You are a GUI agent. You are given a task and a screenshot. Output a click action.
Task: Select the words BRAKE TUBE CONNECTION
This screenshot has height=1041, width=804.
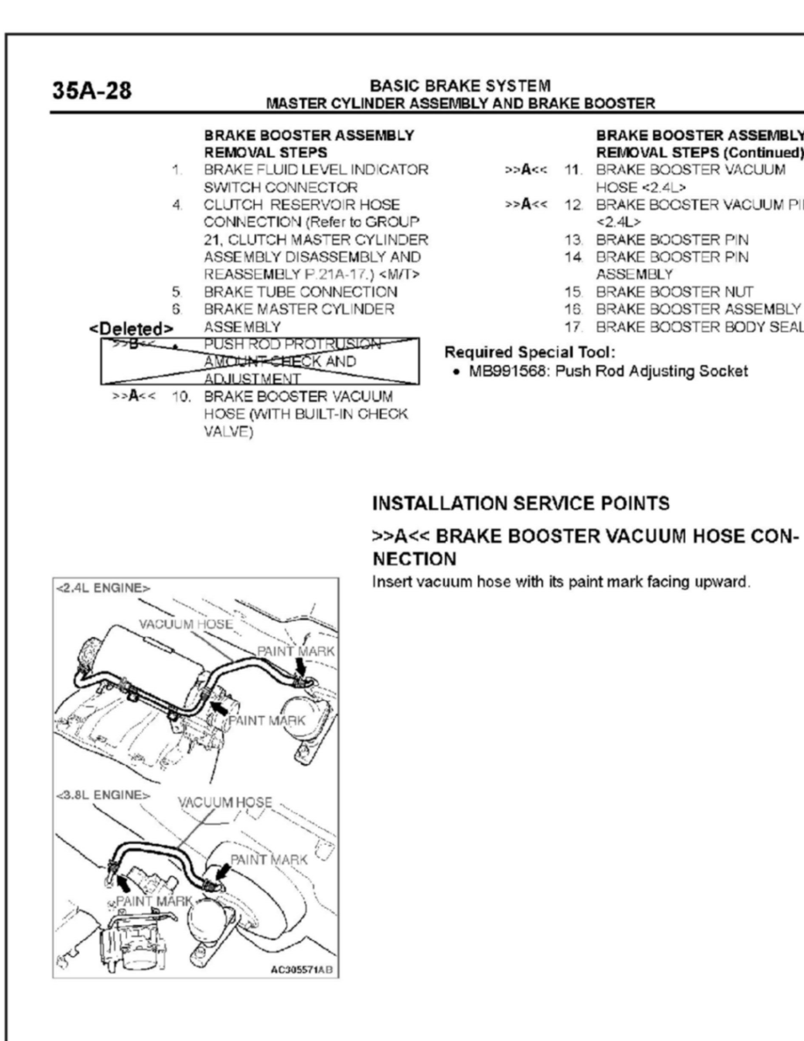pyautogui.click(x=281, y=291)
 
